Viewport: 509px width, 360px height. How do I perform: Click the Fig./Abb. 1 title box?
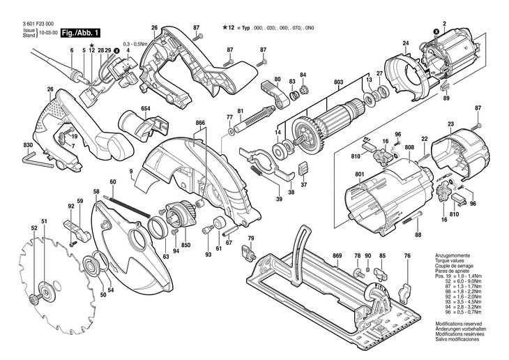click(81, 33)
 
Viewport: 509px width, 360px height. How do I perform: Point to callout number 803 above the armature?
click(338, 82)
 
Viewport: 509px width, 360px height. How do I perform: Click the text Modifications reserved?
click(457, 324)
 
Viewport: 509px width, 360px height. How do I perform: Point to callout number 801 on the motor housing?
click(360, 174)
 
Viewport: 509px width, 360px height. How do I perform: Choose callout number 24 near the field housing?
click(405, 45)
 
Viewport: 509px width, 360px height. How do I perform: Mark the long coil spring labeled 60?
click(129, 205)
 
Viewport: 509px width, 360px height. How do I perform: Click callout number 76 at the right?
click(407, 256)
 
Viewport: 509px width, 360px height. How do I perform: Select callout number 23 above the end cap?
click(450, 125)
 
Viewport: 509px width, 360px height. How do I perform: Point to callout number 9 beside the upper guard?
click(130, 170)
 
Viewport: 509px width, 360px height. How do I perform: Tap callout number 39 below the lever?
click(278, 200)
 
